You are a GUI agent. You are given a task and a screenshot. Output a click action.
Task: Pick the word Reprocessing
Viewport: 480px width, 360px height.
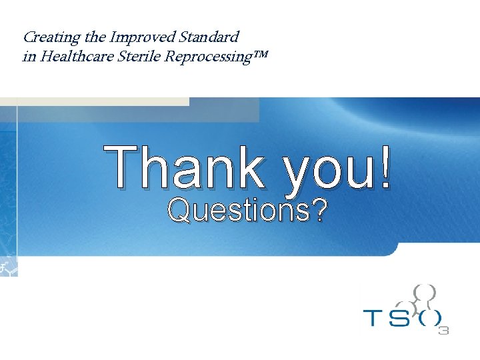205,57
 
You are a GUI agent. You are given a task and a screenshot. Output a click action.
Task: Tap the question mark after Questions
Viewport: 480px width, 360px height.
319,211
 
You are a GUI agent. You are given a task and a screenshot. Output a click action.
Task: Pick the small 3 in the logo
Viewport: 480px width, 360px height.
443,330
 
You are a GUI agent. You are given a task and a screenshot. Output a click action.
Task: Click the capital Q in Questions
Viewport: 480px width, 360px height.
178,211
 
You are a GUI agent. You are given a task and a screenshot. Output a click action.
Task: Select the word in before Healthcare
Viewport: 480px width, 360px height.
29,57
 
